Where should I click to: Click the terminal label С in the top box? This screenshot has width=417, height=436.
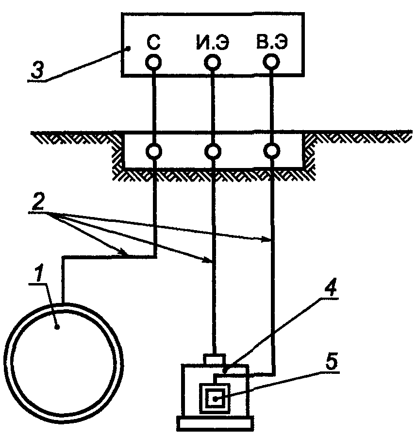153,42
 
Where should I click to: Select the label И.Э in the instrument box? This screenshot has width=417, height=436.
213,43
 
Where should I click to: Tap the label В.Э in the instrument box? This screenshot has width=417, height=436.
271,42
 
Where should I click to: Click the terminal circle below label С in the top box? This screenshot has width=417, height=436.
153,62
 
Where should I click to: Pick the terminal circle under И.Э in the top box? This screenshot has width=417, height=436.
213,62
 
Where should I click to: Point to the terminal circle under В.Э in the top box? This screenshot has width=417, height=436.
271,62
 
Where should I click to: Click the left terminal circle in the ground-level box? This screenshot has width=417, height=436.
154,151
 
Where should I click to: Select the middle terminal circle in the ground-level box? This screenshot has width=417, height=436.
213,151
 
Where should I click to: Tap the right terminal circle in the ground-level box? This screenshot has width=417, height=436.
271,151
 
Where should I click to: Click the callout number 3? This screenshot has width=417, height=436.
37,70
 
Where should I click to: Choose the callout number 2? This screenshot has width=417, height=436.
38,203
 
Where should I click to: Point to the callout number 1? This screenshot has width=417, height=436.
39,274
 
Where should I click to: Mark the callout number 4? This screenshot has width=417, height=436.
330,288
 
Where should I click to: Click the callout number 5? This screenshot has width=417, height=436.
332,362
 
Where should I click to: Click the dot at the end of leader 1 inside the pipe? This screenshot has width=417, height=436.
57,327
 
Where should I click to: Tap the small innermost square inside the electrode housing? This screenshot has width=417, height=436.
215,399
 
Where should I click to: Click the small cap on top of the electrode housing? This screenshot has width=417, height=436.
215,359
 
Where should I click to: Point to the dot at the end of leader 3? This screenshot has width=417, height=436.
129,49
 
